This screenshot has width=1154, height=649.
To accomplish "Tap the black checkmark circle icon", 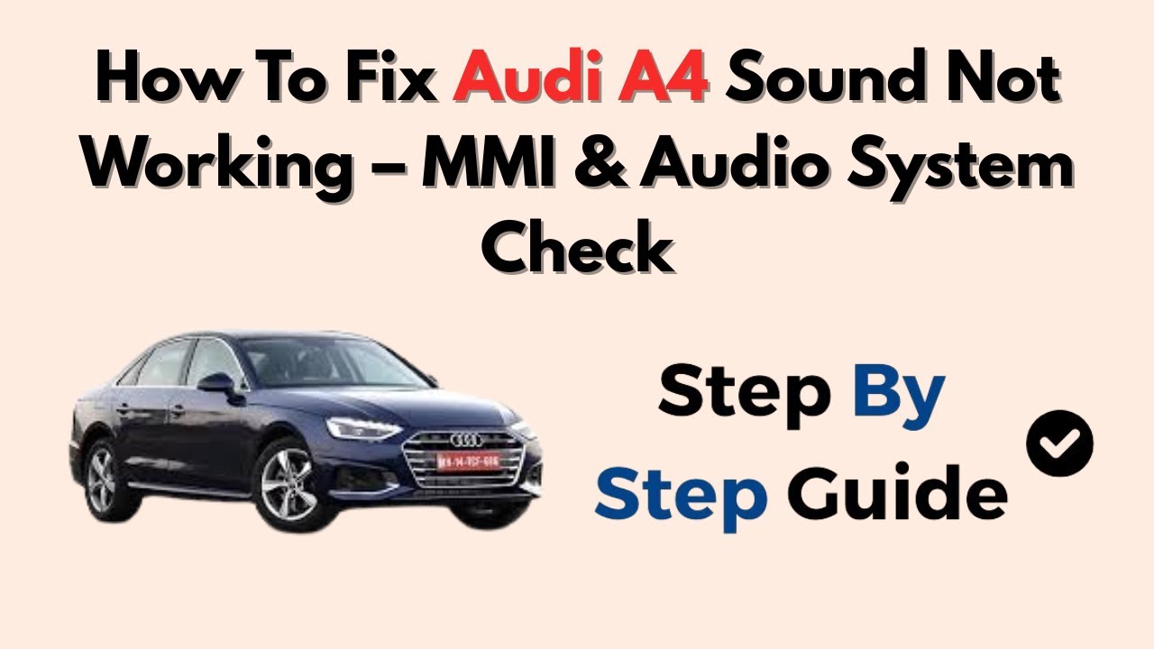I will (1059, 443).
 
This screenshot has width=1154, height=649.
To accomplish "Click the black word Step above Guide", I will (744, 394).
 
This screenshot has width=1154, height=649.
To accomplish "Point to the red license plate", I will (468, 462).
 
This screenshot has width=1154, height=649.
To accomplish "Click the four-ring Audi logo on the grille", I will (466, 439).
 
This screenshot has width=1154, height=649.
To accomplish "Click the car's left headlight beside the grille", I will (361, 427).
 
